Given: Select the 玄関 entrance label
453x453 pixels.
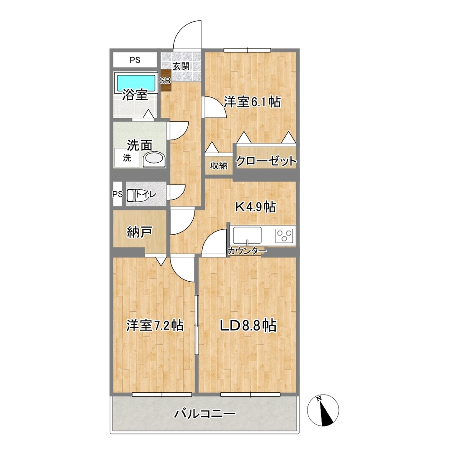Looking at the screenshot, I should (x=180, y=66).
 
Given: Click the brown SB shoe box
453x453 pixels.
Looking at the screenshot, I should (x=165, y=81).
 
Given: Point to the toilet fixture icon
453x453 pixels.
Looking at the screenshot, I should (x=132, y=195).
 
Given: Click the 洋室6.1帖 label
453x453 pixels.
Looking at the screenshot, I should (x=252, y=102).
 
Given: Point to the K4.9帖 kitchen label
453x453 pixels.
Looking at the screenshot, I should (x=255, y=207).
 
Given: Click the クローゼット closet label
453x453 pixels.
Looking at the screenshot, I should (x=266, y=161).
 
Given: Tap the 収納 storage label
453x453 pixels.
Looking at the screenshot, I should (x=219, y=166).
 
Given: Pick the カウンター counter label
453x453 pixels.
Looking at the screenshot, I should (x=247, y=251).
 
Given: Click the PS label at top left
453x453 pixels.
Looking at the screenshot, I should (x=135, y=59).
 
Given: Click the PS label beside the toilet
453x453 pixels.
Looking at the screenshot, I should (x=117, y=194).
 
